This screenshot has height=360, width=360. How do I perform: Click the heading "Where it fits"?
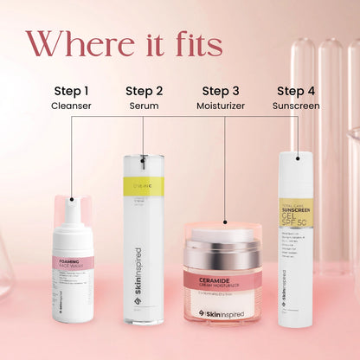(x=124, y=46)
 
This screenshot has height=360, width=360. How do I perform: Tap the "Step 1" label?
(x=71, y=91)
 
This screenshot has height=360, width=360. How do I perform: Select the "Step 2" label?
(x=144, y=91)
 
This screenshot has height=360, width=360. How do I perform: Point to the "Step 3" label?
(x=222, y=91)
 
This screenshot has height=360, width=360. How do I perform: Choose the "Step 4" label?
(x=296, y=91)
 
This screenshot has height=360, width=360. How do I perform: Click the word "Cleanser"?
(x=71, y=106)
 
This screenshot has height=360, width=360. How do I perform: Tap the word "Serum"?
(x=144, y=106)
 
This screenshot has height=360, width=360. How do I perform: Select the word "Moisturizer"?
(x=222, y=106)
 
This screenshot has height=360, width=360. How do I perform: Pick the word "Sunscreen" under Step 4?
(x=296, y=106)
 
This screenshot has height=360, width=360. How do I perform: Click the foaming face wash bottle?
(x=73, y=268)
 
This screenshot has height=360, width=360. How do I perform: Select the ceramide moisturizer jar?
(x=222, y=277)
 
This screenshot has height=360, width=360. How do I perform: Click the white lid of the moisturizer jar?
(x=222, y=235)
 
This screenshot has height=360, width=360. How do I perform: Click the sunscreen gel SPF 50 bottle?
(x=295, y=242)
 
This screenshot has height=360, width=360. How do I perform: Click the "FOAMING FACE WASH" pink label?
(x=73, y=262)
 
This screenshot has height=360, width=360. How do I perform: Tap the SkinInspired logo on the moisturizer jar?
(x=222, y=313)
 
